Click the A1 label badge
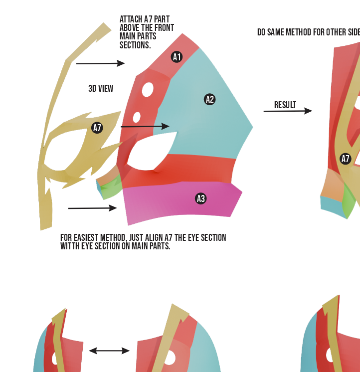point(177,57)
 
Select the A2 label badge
point(210,99)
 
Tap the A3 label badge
point(200,198)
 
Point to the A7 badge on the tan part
point(97,128)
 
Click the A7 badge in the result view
point(346,159)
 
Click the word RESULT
point(285,105)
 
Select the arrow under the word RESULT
point(288,111)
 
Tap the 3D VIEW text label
point(101,88)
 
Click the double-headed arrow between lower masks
point(109,351)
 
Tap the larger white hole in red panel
point(148,89)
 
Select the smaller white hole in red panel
point(137,117)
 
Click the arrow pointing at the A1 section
point(100,63)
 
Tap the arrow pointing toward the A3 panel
point(92,208)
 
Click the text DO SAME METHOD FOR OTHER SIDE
point(308,32)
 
